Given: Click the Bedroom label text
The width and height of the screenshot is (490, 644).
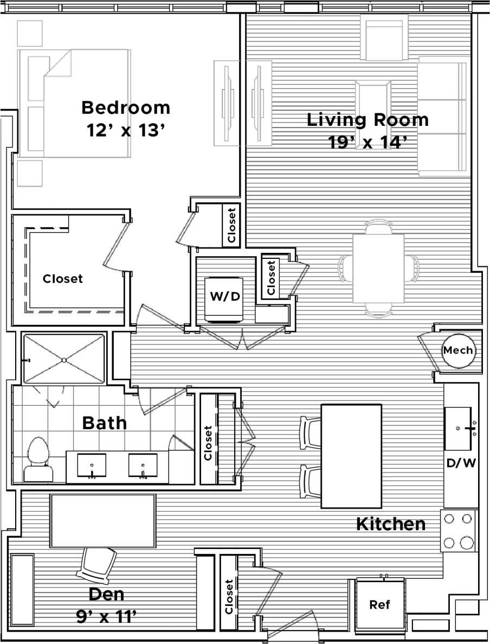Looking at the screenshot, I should (126, 107).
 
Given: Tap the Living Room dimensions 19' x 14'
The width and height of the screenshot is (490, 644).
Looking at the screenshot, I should (367, 142).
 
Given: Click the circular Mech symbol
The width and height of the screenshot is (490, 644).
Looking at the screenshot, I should (458, 350).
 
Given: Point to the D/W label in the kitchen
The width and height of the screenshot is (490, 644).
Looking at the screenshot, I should (461, 463).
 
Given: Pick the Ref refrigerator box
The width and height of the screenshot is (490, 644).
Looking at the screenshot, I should (379, 604).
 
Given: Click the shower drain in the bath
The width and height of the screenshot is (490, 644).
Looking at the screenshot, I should (64, 359).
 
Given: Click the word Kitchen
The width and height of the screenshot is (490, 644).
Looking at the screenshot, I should (390, 524).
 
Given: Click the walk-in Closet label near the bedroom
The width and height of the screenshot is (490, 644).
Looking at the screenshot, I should (63, 279).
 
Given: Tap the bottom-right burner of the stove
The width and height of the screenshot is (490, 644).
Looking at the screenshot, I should (466, 543).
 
